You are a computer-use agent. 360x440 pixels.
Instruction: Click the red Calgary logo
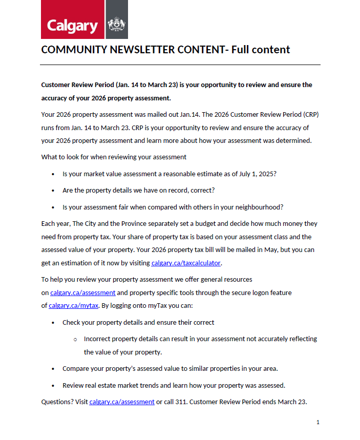click(x=73, y=20)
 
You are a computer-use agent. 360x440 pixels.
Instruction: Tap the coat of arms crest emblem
click(x=117, y=24)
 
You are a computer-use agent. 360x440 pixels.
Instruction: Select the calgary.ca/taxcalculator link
click(x=186, y=263)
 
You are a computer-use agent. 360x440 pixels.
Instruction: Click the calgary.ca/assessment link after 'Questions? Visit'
click(x=122, y=402)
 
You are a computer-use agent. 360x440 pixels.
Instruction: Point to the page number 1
click(x=318, y=423)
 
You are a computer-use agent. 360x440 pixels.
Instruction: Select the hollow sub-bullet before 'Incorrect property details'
click(x=75, y=339)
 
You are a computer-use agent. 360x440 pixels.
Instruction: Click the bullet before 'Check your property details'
click(x=53, y=323)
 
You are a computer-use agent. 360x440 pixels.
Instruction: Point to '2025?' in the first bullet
click(x=266, y=174)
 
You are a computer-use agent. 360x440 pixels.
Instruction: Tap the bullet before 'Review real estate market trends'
click(x=53, y=385)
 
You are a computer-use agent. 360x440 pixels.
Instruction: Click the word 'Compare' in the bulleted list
click(x=76, y=368)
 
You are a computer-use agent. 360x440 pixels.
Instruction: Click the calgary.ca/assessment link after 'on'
click(x=83, y=293)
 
